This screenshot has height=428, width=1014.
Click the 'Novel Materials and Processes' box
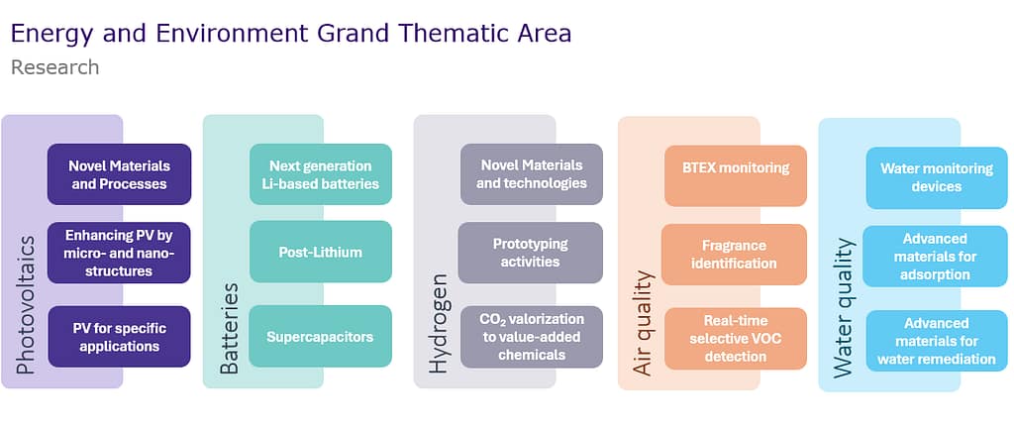119,174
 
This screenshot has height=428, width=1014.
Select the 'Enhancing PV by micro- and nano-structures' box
119,253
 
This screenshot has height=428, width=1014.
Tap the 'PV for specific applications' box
119,337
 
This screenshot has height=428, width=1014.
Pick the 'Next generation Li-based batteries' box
321,174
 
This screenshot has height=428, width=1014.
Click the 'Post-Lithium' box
321,252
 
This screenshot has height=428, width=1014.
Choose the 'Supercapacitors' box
321,336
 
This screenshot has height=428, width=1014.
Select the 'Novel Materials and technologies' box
532,174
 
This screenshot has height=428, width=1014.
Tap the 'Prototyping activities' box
531,253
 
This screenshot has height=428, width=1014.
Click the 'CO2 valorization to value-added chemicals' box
532,337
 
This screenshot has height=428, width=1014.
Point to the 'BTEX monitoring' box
736,175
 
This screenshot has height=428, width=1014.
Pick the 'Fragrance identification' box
734,255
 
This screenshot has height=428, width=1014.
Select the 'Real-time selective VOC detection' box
736,339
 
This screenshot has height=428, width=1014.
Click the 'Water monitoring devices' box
937,177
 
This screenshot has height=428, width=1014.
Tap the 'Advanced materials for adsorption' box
935,257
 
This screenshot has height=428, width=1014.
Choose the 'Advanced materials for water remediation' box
937,341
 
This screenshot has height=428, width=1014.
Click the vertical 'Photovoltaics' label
25,304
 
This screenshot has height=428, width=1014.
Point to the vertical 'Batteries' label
230,329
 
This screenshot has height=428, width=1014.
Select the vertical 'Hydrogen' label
439,323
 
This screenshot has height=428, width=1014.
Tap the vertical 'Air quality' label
644,323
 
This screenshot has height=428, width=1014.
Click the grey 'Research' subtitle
55,67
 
